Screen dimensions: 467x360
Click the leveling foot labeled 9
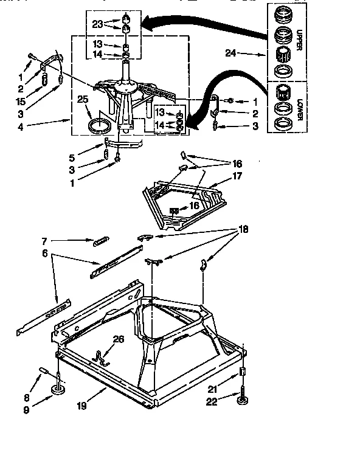click(x=60, y=390)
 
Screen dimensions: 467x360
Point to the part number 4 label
click(x=22, y=129)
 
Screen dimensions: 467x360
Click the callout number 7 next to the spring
click(x=43, y=241)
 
